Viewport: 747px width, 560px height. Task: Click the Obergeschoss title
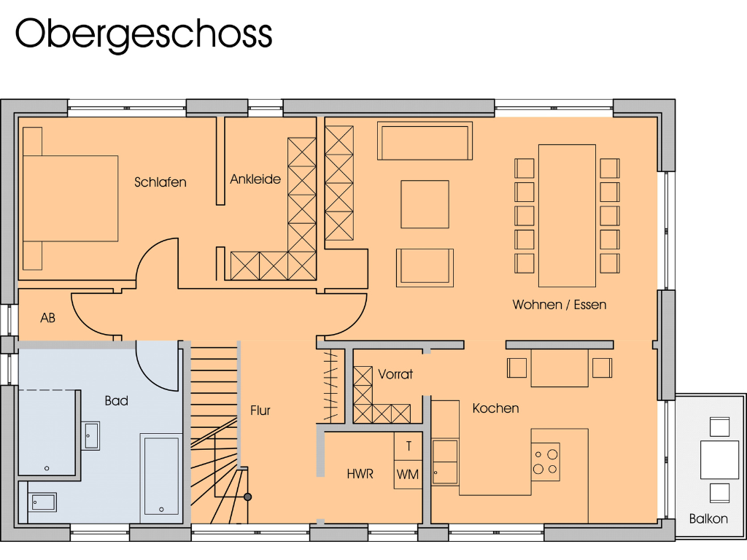[x=144, y=34]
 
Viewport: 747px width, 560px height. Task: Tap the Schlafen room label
[x=160, y=182]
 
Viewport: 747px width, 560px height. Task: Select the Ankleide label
[x=255, y=179]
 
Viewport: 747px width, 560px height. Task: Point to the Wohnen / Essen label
[x=560, y=305]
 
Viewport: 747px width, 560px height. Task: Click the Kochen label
[x=495, y=408]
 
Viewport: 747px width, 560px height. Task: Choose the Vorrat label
[x=395, y=374]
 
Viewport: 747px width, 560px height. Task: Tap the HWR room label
[x=360, y=474]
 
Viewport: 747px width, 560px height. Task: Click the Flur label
[x=260, y=411]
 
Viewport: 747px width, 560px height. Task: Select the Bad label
[x=117, y=400]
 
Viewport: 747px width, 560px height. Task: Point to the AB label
[x=48, y=318]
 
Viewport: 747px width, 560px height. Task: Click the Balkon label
[x=708, y=519]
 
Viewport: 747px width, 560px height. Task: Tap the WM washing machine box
[x=408, y=475]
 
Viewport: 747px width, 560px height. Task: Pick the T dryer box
[x=409, y=446]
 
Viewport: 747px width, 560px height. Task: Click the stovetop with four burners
[x=545, y=462]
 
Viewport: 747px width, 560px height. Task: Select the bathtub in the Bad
[x=161, y=475]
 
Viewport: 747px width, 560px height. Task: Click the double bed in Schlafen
[x=70, y=198]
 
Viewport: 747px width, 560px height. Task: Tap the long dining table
[x=567, y=216]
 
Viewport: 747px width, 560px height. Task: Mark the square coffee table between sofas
[x=425, y=204]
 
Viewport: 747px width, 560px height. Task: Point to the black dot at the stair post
[x=248, y=497]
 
